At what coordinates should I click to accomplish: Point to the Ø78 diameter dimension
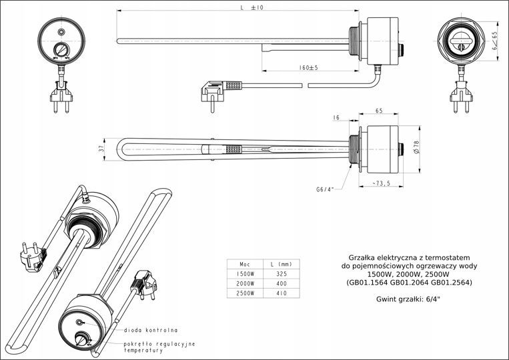point(416,147)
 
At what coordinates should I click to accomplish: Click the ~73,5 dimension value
point(381,183)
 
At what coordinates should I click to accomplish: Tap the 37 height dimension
point(101,148)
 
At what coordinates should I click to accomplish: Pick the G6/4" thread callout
point(325,189)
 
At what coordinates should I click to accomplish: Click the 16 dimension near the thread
point(336,117)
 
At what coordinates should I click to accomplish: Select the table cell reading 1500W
point(245,273)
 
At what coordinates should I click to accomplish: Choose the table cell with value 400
point(281,283)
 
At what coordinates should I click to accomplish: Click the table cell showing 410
point(281,293)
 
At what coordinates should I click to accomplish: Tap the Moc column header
point(245,263)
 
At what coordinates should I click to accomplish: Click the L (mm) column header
point(281,263)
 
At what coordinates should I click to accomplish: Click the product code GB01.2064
point(409,282)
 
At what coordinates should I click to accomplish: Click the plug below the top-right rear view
point(460,100)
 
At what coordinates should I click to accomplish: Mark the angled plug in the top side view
point(215,90)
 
